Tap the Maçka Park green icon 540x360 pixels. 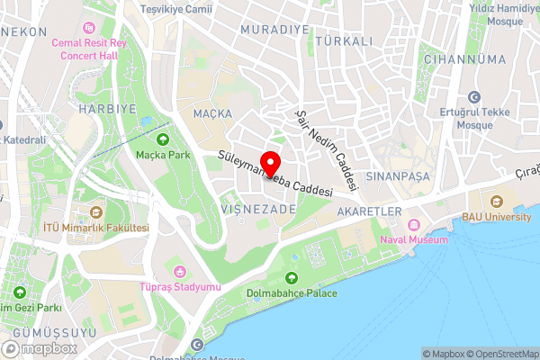pyautogui.click(x=163, y=139)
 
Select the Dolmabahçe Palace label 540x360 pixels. pyautogui.click(x=292, y=292)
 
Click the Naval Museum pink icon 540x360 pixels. pyautogui.click(x=414, y=224)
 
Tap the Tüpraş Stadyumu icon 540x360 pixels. pyautogui.click(x=180, y=272)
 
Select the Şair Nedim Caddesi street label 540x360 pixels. pyautogui.click(x=328, y=151)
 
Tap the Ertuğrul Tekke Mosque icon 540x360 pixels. pyautogui.click(x=474, y=97)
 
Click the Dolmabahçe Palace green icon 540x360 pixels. pyautogui.click(x=292, y=277)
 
